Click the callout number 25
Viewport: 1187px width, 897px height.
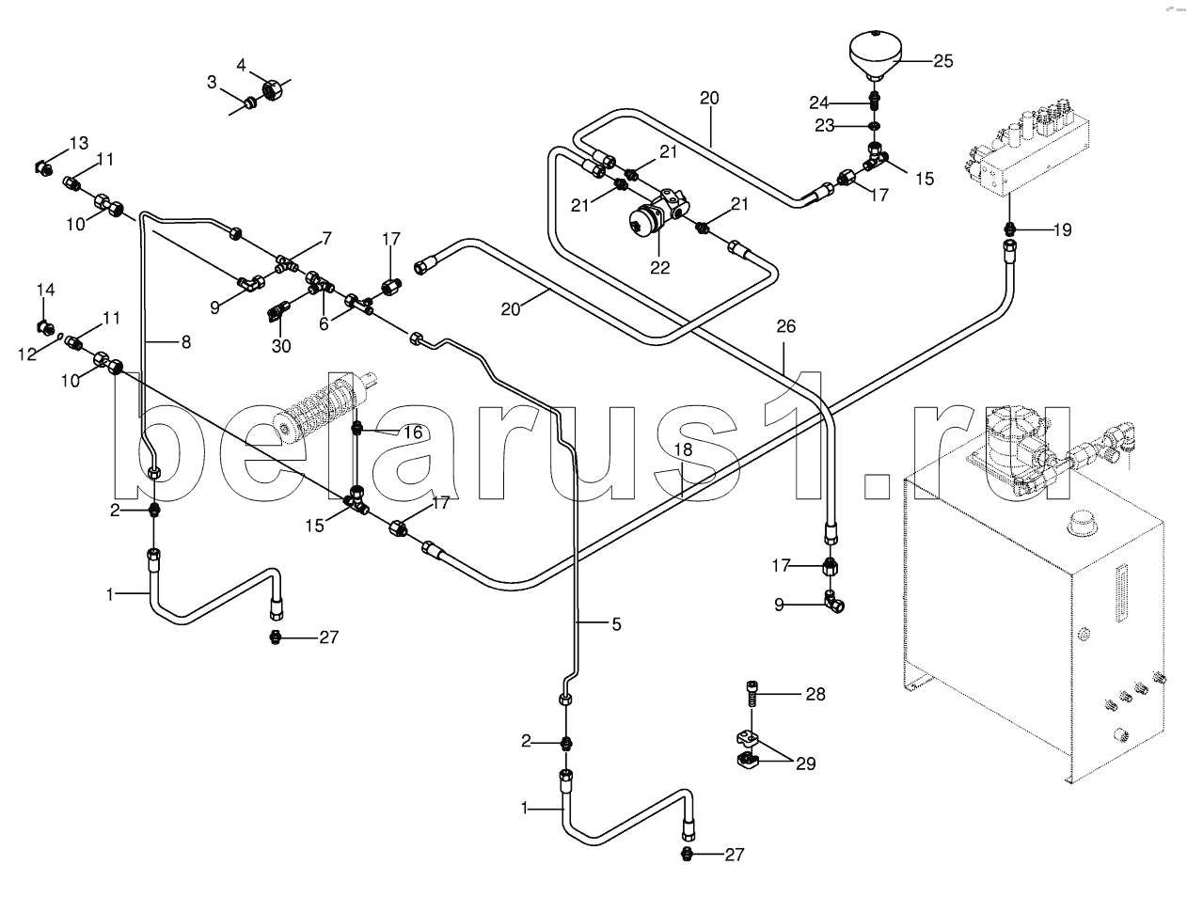point(942,61)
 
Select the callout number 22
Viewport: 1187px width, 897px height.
point(659,267)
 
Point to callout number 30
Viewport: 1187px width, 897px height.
point(281,346)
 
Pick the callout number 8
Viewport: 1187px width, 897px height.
point(186,341)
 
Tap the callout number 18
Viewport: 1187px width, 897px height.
point(683,449)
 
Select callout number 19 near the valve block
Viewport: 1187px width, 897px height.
point(1063,230)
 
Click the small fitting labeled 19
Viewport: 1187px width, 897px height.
point(1009,229)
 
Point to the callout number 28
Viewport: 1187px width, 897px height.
point(815,694)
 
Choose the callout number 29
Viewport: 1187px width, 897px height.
point(805,763)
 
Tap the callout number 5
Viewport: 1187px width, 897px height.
point(616,624)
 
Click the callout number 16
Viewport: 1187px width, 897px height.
point(413,432)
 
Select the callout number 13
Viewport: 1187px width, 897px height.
point(79,143)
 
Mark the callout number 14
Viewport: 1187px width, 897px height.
point(46,290)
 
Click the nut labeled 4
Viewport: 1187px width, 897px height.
point(270,89)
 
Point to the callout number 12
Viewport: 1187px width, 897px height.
point(27,354)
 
